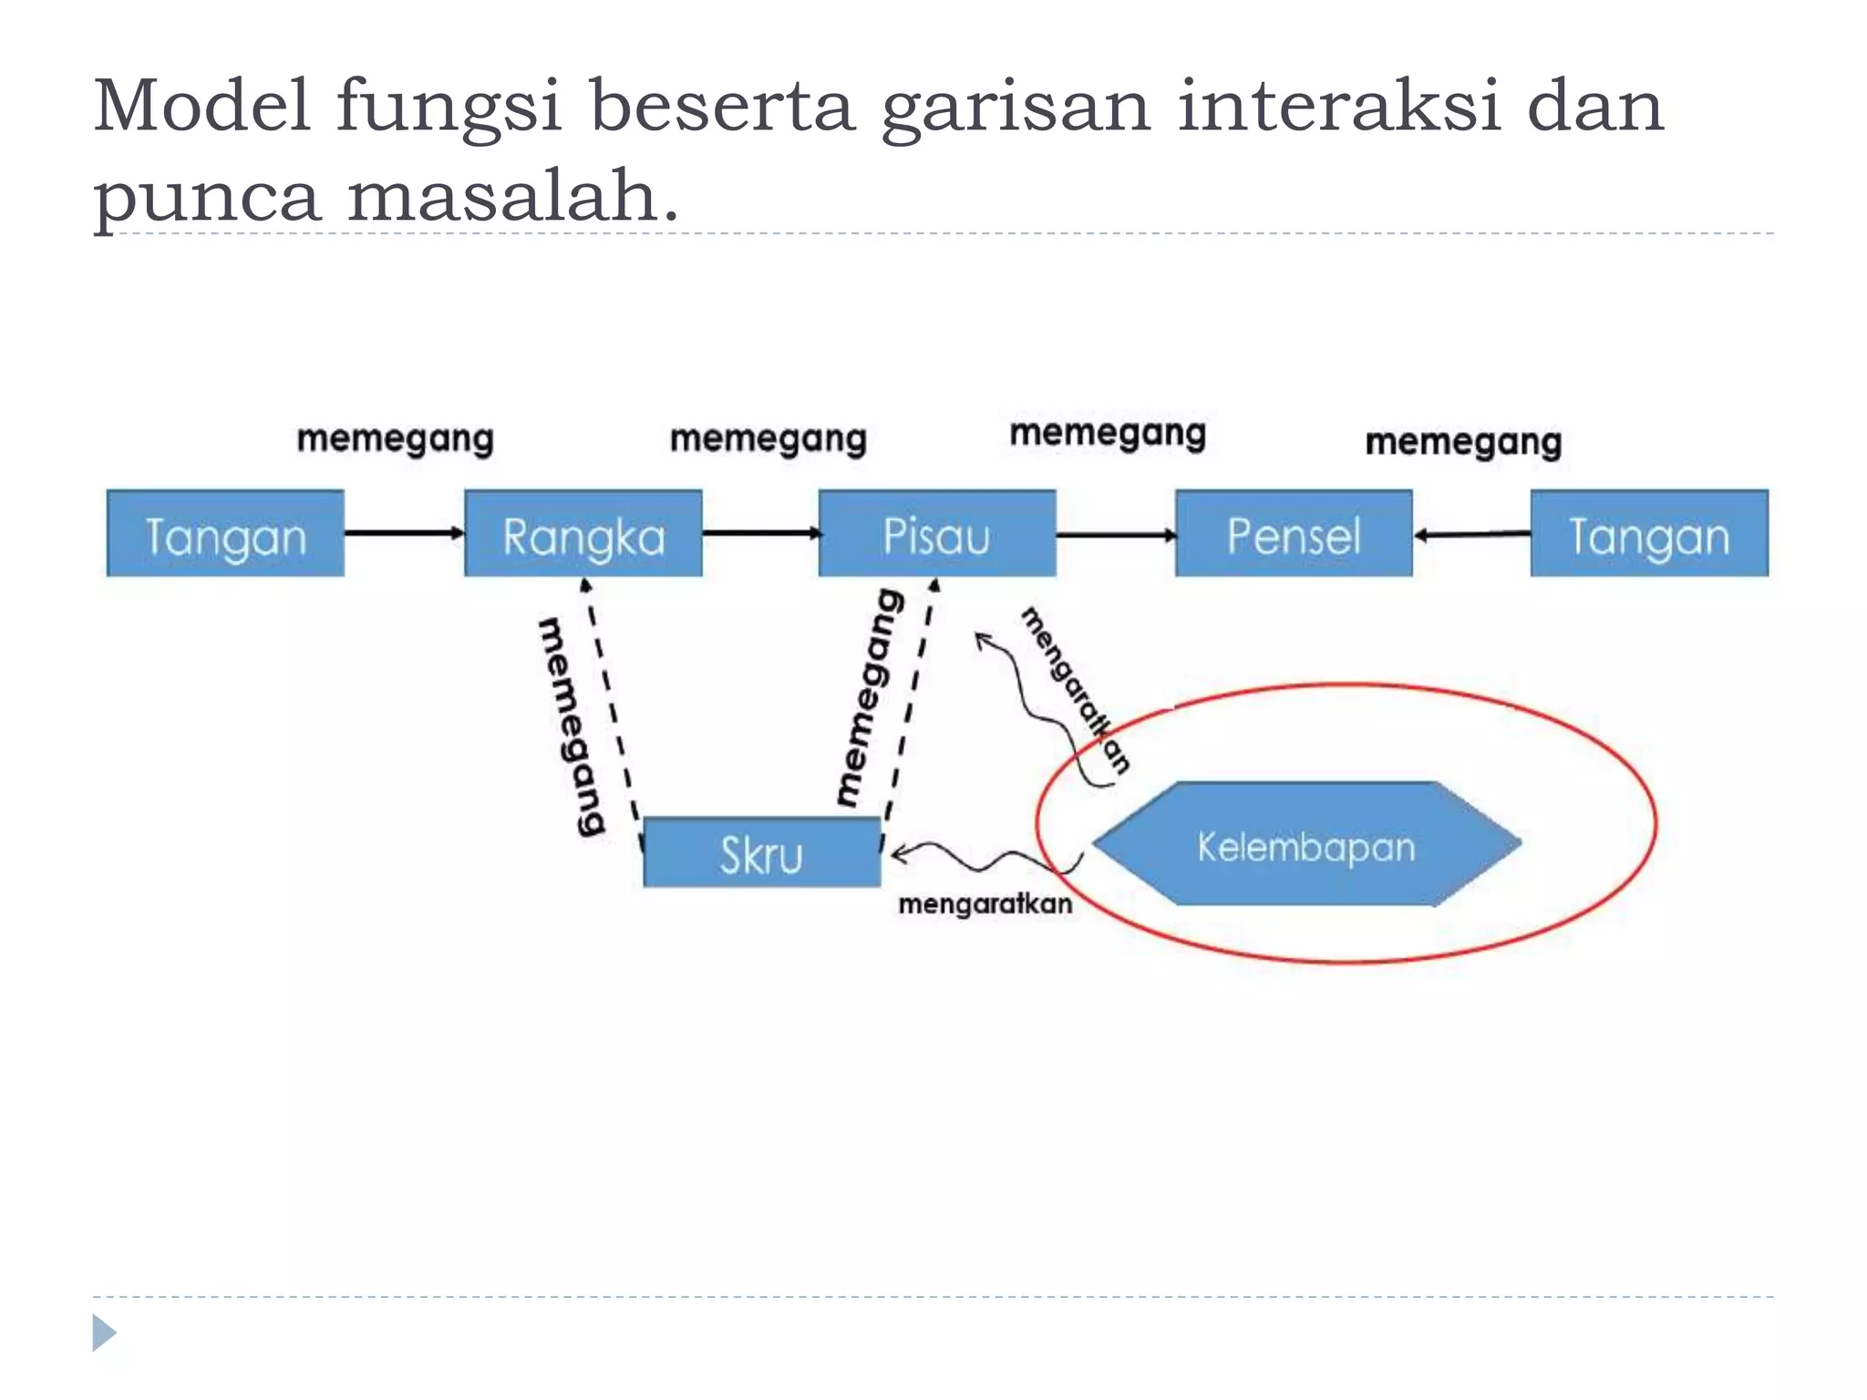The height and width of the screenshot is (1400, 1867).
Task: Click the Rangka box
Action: pos(583,534)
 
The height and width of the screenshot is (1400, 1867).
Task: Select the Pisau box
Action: pos(937,534)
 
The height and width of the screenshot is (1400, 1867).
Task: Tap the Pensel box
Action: pos(1294,534)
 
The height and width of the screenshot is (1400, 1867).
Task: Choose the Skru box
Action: pos(762,853)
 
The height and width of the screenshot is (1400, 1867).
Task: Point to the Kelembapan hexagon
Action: pos(1306,845)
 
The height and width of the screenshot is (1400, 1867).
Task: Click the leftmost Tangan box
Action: pos(225,534)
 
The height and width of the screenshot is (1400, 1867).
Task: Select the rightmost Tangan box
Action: pos(1649,534)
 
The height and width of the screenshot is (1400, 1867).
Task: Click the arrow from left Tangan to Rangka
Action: pos(404,532)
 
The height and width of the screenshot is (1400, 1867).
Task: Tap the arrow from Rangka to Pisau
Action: pos(760,532)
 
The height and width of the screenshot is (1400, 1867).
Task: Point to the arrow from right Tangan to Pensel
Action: pos(1471,535)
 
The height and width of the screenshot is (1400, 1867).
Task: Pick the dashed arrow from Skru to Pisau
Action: pos(909,697)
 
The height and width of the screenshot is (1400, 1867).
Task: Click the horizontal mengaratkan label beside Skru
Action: pos(985,904)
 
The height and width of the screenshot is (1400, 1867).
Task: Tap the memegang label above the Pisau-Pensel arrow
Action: pos(1108,434)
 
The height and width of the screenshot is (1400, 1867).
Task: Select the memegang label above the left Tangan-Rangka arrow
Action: pos(396,439)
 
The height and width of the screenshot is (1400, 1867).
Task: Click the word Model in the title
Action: pos(201,106)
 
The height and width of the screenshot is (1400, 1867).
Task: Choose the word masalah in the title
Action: pos(513,196)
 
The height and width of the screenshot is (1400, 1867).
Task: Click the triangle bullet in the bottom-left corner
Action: pos(104,1333)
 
